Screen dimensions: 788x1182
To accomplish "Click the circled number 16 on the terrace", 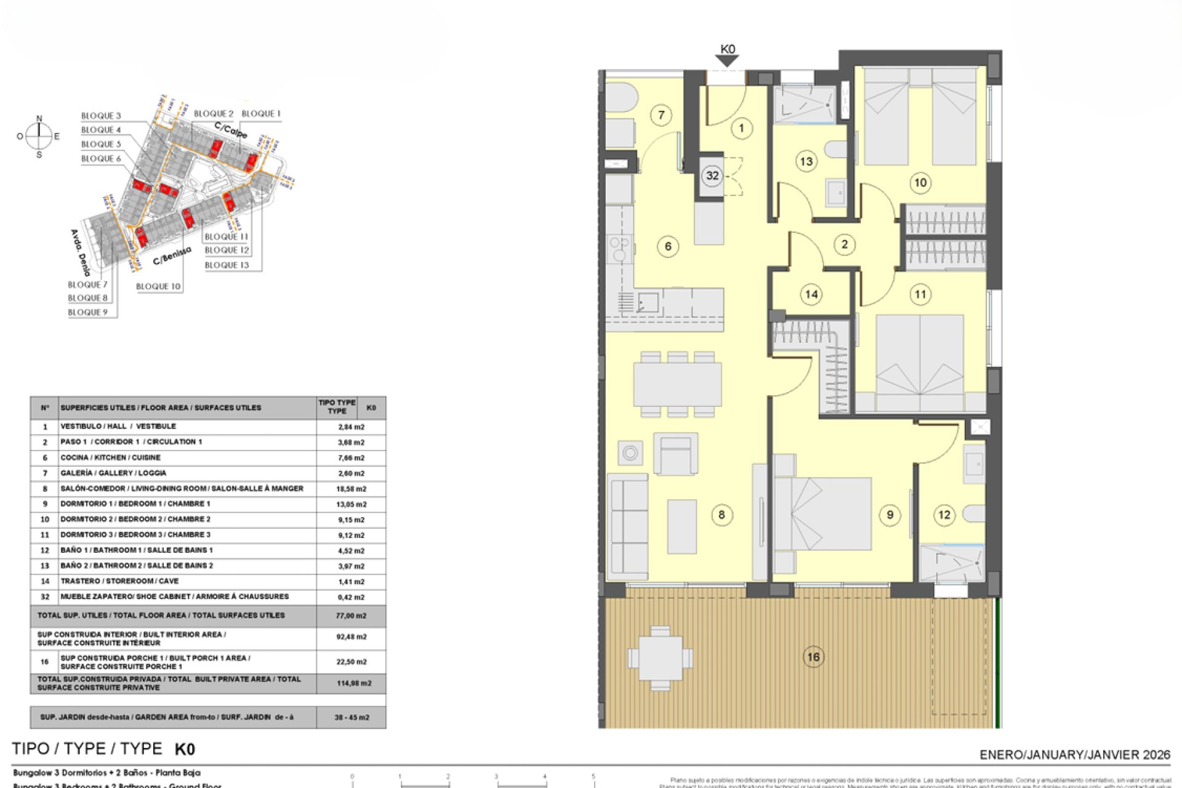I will (x=813, y=657).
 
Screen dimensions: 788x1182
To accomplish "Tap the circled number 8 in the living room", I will (x=722, y=515).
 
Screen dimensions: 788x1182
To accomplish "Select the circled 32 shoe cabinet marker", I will (x=712, y=175).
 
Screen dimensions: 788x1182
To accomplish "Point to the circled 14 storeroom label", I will (x=811, y=294).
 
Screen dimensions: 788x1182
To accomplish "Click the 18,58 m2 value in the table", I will (x=351, y=489).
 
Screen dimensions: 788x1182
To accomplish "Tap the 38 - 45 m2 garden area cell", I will (x=352, y=717).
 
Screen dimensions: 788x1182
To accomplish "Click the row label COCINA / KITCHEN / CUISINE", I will (x=110, y=457).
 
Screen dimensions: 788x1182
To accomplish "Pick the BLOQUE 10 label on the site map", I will (x=158, y=286).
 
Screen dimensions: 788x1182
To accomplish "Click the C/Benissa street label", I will (x=172, y=255).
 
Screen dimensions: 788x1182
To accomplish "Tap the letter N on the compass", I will (x=39, y=118).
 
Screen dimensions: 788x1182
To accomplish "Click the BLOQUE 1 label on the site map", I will (x=261, y=113).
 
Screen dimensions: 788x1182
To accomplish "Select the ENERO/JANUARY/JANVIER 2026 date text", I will (x=1074, y=755).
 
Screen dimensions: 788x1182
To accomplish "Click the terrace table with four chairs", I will (x=660, y=658).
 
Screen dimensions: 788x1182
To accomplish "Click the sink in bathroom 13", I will (x=836, y=194).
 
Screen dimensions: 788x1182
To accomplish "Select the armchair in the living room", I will (x=675, y=454).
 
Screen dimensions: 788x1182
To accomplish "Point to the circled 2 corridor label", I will (x=845, y=244).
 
